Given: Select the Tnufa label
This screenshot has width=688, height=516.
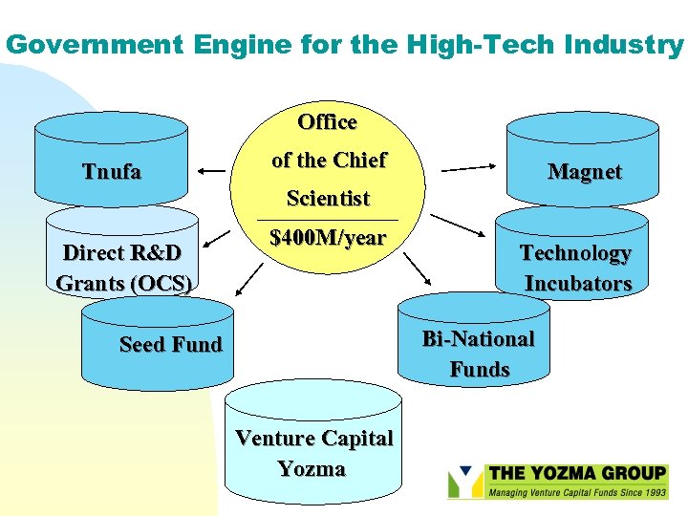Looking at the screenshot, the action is coord(112,172).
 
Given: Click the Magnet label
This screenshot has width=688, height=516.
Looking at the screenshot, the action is coord(584,172).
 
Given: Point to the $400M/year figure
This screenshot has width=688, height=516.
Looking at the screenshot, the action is coord(328,238).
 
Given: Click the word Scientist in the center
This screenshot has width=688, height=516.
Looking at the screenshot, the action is coord(328,199).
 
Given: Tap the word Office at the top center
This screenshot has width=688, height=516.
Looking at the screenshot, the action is coord(327,122).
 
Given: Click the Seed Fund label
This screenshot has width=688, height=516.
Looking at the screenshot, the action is coord(170,344).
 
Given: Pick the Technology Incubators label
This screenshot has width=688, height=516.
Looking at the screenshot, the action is coord(576,269).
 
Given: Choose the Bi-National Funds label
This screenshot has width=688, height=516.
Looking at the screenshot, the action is coord(479,354).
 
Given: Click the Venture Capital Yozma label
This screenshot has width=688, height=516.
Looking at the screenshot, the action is coord(313,454).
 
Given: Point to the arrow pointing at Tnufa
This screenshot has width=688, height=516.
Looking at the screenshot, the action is coord(213,172).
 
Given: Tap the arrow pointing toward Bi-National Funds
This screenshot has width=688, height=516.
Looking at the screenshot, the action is coord(417,269).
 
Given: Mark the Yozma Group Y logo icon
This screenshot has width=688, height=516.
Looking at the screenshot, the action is coord(464,482).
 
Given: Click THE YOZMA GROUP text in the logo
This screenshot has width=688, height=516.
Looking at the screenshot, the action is coord(576,473).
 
